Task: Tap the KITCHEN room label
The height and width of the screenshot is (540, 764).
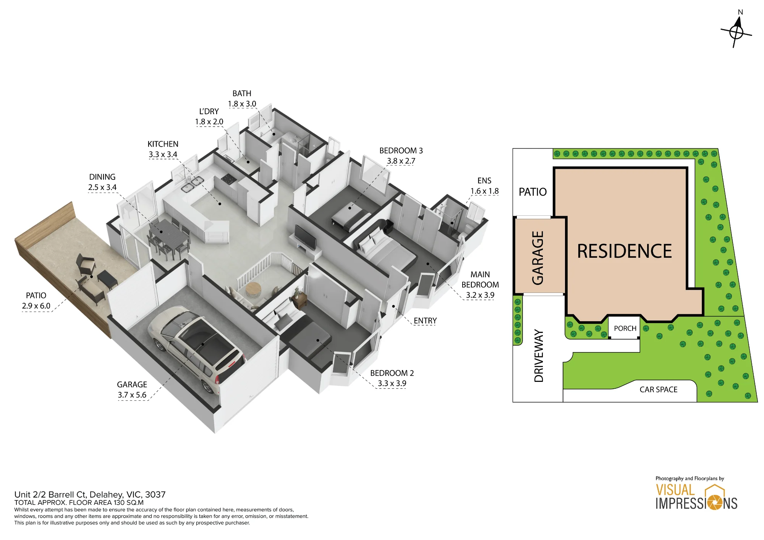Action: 163,144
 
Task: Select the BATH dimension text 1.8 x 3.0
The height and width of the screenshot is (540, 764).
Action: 242,104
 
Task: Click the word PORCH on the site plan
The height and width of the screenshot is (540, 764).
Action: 625,328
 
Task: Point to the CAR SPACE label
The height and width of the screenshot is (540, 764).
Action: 659,390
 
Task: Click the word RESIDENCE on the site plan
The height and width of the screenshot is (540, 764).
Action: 624,251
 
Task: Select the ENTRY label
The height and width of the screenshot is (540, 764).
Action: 425,321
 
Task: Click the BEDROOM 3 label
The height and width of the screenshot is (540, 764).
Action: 401,151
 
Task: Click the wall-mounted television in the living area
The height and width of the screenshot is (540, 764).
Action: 305,237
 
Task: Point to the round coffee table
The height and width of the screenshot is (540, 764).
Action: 253,290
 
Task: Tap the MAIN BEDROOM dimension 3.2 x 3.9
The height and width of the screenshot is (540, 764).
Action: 480,295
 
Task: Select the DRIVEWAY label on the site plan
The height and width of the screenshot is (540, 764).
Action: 539,356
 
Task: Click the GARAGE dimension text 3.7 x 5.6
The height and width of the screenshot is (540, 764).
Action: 132,395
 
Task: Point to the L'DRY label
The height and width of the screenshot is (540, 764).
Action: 209,112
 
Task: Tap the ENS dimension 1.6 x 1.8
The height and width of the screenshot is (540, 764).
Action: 484,191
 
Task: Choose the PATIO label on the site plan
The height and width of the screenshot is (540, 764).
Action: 533,192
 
